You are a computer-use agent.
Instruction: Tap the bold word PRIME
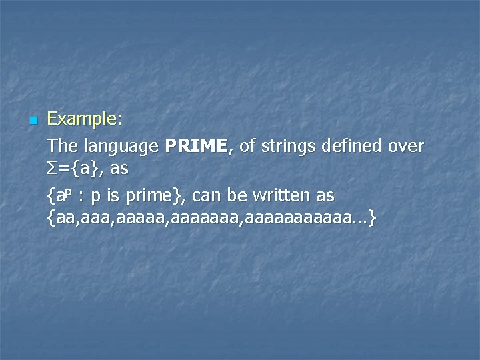[198, 145]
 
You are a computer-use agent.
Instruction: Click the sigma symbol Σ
[53, 169]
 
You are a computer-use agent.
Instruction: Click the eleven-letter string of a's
[296, 218]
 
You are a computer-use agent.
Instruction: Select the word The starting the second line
[63, 145]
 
